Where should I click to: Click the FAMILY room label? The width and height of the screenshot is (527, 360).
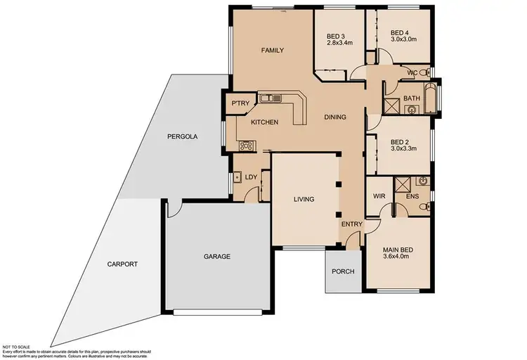coord(272,51)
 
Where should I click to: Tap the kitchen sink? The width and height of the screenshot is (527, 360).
coord(269,99)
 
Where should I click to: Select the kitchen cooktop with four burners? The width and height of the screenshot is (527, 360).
coord(247,146)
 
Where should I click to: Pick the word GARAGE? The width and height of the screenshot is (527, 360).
coord(217,257)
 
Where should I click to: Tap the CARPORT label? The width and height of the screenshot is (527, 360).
coord(122,264)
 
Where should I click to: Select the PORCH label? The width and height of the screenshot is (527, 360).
coord(343,272)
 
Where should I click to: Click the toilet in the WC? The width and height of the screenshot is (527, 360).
coord(426,72)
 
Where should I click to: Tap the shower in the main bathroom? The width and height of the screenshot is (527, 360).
coord(391,107)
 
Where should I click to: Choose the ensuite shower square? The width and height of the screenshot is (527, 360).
coord(403,184)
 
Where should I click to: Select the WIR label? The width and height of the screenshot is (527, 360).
coord(380,196)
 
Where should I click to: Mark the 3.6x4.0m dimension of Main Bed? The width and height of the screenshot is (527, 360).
coord(398,258)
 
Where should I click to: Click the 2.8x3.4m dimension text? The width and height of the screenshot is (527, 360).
coord(340,43)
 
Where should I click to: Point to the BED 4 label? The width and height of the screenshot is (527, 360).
coord(399,33)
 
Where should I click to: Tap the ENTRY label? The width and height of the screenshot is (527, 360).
coord(351,224)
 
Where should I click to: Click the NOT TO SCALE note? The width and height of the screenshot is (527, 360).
coord(17,347)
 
